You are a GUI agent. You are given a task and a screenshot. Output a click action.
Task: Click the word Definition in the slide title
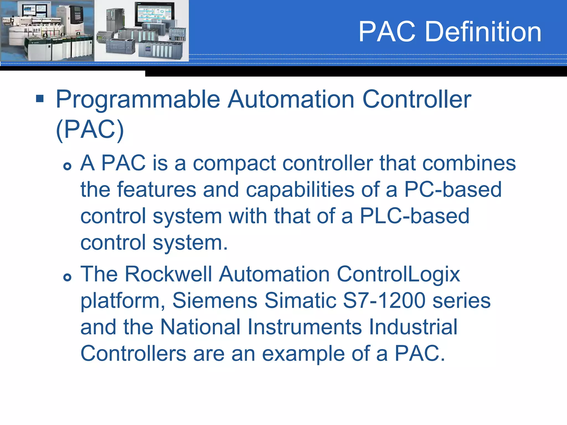tap(483, 32)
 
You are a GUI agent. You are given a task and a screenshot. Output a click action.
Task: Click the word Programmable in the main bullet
tap(138, 100)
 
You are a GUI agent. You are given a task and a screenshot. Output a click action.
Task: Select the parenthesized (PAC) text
tap(90, 129)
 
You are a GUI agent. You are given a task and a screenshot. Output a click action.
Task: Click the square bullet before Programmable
tap(40, 99)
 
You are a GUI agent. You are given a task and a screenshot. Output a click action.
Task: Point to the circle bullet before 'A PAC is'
tap(67, 166)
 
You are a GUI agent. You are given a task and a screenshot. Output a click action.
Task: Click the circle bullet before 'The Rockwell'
tap(67, 277)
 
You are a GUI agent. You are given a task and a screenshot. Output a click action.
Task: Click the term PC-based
tap(453, 190)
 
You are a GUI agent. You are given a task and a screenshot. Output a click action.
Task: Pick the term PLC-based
tap(414, 216)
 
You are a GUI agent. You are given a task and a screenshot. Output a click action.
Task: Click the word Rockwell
tap(168, 274)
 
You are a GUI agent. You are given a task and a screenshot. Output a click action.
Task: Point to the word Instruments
tap(305, 327)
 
